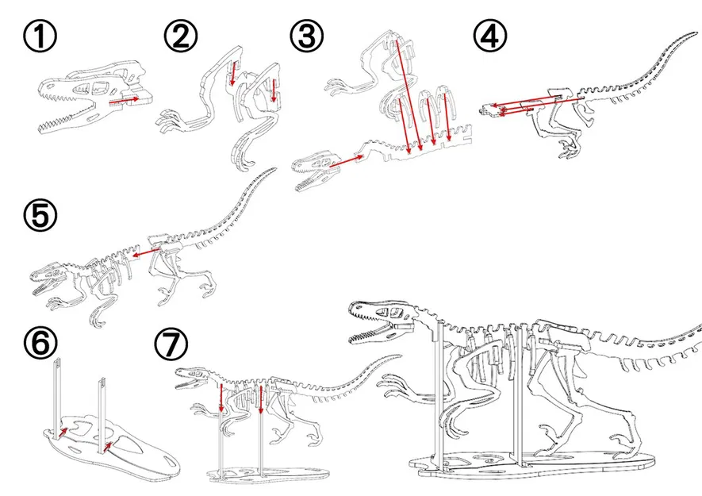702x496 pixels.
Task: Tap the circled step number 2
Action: [179, 37]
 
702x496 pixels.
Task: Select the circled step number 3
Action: [306, 37]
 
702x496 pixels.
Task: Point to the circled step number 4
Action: [490, 37]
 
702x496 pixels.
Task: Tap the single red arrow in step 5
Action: [144, 254]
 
